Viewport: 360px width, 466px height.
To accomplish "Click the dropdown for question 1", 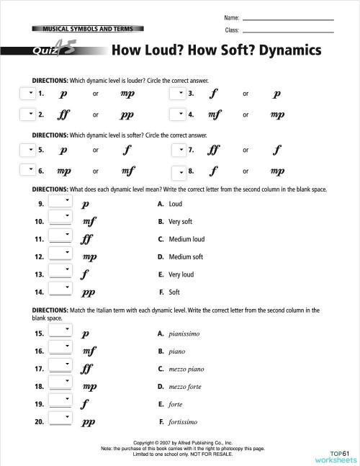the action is [x=27, y=94].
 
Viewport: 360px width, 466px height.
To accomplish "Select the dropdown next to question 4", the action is [x=177, y=114].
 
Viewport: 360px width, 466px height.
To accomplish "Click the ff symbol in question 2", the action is [x=64, y=114].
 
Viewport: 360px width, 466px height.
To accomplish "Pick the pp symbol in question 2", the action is [x=128, y=115].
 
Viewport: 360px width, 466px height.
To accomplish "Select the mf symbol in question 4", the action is [x=214, y=114].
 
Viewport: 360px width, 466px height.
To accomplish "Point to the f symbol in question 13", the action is [x=86, y=274].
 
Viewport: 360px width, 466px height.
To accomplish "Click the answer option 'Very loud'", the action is [x=181, y=274].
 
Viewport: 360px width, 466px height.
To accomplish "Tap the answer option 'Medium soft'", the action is [x=186, y=256].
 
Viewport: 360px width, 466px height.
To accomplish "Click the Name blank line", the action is [x=288, y=18].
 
